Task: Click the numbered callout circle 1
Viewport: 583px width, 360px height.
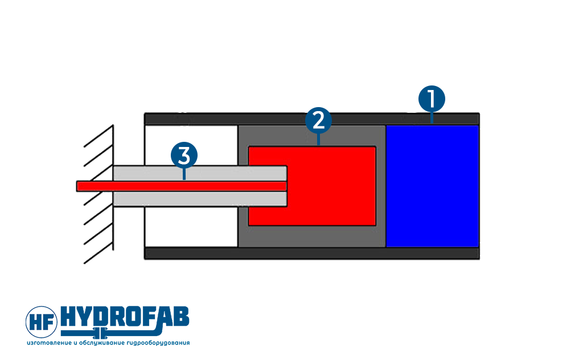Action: pyautogui.click(x=432, y=99)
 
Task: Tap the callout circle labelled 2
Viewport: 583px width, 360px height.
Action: pyautogui.click(x=318, y=121)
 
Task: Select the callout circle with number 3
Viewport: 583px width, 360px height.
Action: pyautogui.click(x=184, y=155)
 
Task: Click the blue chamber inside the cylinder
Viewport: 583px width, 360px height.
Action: pyautogui.click(x=433, y=186)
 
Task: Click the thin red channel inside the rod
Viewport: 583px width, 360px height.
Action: pyautogui.click(x=182, y=186)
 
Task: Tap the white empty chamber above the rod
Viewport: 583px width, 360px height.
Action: pyautogui.click(x=191, y=145)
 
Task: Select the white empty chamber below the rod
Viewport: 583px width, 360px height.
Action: pyautogui.click(x=191, y=227)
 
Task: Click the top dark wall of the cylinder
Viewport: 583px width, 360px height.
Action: pyautogui.click(x=311, y=119)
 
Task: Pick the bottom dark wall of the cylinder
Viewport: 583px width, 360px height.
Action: pyautogui.click(x=311, y=253)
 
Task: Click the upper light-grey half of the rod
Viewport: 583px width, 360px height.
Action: pyautogui.click(x=200, y=173)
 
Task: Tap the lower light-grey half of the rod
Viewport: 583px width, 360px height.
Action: pyautogui.click(x=200, y=199)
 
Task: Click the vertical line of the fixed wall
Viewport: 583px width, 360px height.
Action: pyautogui.click(x=113, y=188)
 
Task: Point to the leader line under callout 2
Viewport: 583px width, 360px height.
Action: pyautogui.click(x=318, y=140)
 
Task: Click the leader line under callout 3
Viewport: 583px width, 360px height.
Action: pyautogui.click(x=184, y=174)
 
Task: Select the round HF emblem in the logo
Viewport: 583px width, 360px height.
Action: pyautogui.click(x=41, y=322)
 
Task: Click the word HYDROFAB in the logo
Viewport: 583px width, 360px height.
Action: pyautogui.click(x=125, y=317)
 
